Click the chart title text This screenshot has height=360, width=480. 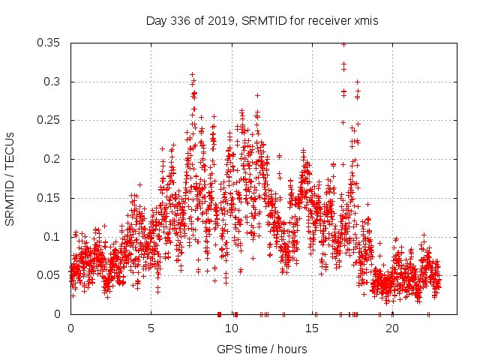[262, 21]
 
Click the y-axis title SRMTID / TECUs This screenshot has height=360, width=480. [10, 179]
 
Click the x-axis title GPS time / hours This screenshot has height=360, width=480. [262, 349]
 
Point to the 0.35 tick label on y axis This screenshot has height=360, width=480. [51, 43]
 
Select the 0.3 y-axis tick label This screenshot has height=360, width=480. [54, 82]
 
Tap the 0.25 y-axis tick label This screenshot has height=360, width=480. [51, 120]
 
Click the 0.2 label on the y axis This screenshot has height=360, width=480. [54, 159]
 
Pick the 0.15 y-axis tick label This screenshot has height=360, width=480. [51, 198]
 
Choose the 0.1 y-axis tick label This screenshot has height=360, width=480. [54, 237]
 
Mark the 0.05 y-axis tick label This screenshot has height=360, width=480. [51, 275]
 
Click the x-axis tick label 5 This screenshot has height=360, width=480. [151, 328]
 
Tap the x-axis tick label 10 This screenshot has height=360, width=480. [231, 328]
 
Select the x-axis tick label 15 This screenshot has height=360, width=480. [312, 328]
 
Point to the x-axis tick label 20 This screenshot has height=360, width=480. [392, 328]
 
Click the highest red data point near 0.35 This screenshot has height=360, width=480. [343, 44]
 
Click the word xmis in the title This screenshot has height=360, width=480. [367, 21]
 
